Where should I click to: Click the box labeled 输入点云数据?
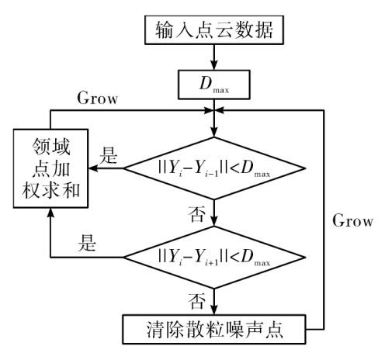tap(214, 30)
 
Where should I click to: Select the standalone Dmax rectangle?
tap(214, 85)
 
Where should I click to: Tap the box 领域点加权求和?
tap(50, 168)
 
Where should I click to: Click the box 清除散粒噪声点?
tap(214, 329)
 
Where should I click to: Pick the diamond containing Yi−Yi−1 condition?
tap(214, 168)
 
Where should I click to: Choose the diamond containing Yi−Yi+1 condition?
tap(214, 258)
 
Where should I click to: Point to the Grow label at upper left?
tap(98, 98)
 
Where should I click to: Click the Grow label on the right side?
tap(352, 220)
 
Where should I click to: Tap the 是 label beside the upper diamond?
tap(109, 155)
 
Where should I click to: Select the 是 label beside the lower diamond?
tap(87, 243)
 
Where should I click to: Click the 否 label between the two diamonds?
tap(197, 214)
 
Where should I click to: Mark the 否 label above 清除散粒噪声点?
tap(197, 301)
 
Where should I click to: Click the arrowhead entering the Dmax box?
tap(214, 65)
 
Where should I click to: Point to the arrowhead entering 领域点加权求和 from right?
tap(93, 168)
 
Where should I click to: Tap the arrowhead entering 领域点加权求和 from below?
tap(50, 213)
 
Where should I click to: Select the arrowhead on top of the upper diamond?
tap(214, 132)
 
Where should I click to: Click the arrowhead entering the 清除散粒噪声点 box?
tap(214, 310)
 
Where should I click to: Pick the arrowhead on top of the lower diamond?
tap(214, 221)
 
